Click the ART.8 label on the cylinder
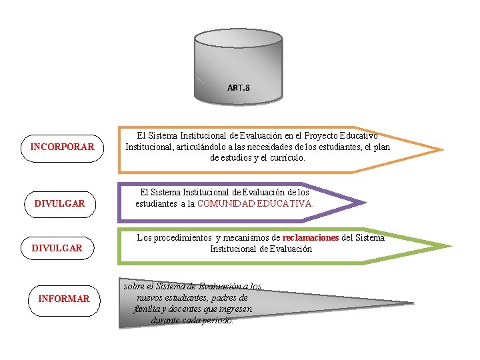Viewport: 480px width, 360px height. [x=238, y=87]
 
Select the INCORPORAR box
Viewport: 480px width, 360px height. [x=63, y=147]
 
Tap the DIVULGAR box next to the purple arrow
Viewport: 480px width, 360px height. [x=60, y=203]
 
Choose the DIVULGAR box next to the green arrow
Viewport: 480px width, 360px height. [x=57, y=248]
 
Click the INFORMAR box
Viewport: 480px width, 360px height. [x=63, y=299]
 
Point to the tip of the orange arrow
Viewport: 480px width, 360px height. [x=441, y=149]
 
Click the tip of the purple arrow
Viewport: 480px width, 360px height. [x=365, y=203]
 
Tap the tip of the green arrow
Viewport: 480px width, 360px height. [x=450, y=247]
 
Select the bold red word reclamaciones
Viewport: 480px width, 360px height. [x=311, y=237]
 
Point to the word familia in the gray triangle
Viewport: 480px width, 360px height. [x=148, y=309]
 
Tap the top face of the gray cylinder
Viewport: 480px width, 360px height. [x=238, y=40]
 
